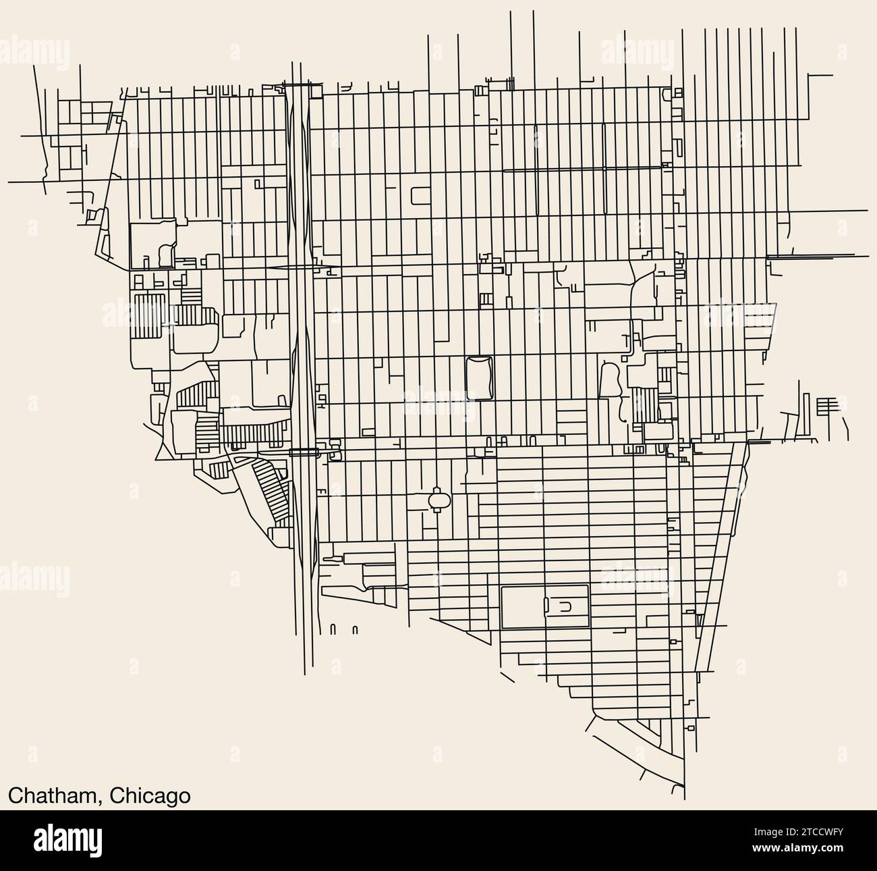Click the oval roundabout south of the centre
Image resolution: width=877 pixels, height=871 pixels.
[x=437, y=500]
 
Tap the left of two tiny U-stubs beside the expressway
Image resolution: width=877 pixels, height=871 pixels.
[x=333, y=630]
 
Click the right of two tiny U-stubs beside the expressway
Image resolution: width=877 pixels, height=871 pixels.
[x=355, y=630]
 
